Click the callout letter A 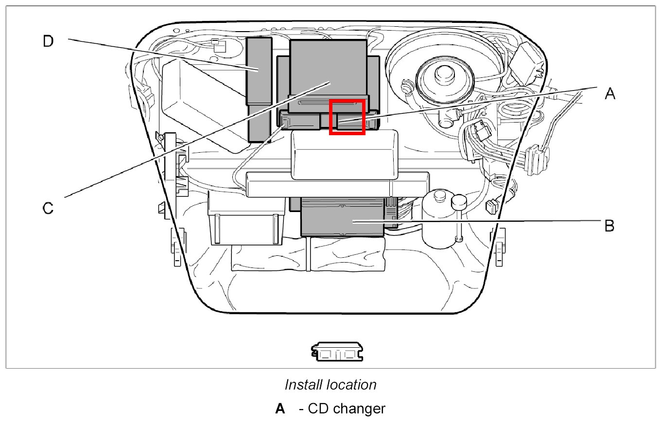click(610, 93)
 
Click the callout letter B click(609, 226)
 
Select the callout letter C click(48, 208)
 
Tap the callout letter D click(48, 42)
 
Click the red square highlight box click(347, 117)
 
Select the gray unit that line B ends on click(343, 217)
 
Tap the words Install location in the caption click(330, 385)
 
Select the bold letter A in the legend click(280, 409)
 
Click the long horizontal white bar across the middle click(337, 184)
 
